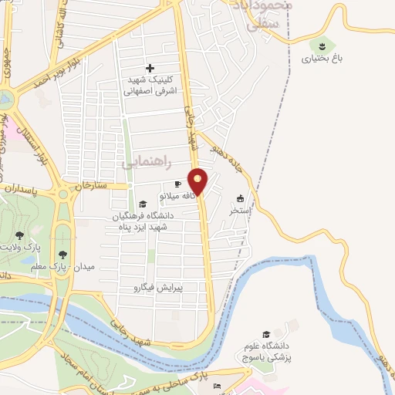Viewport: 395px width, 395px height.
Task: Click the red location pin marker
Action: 199,181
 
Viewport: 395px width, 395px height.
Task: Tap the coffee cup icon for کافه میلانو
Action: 177,184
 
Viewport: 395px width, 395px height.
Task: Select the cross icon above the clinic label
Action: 150,68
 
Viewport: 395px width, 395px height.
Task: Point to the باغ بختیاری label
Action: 317,56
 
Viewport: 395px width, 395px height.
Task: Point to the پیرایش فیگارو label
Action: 160,286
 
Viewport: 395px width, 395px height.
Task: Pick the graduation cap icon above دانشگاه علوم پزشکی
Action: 267,335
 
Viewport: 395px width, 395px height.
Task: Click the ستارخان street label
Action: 92,186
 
